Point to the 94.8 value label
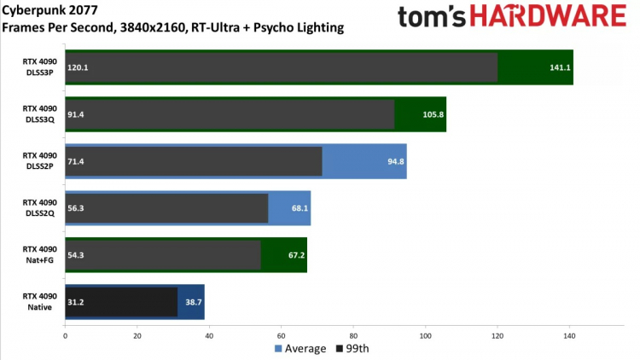(395, 161)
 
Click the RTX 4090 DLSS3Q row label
(40, 114)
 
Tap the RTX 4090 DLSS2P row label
(40, 161)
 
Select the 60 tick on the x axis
(282, 335)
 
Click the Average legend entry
(300, 348)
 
